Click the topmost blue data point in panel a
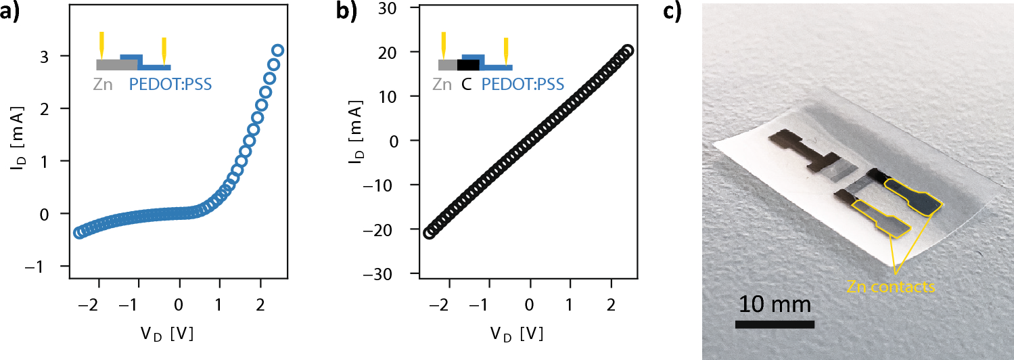point(277,51)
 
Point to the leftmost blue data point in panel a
point(78,232)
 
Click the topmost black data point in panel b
point(627,51)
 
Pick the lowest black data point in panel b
point(428,232)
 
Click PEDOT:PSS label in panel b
point(522,85)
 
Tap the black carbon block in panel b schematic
point(468,65)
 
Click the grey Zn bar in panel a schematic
point(117,65)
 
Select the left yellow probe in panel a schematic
point(101,45)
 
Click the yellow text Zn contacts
point(890,288)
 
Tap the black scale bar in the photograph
point(774,323)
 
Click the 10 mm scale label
point(774,304)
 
